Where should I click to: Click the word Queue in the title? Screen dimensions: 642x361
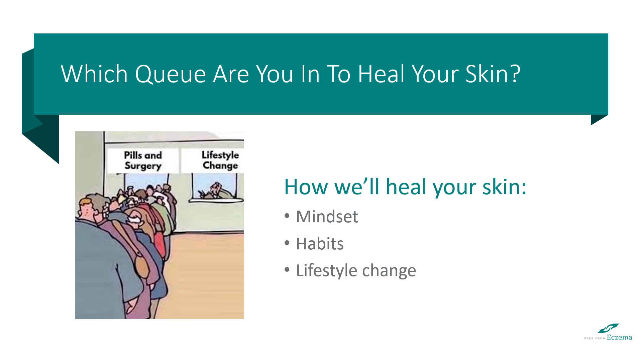pos(171,74)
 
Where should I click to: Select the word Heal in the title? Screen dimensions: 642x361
pos(382,74)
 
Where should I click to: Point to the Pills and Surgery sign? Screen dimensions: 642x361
pos(143,161)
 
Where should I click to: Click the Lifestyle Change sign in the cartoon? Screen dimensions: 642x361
pos(220,160)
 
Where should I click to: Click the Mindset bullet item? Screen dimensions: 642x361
pos(327,217)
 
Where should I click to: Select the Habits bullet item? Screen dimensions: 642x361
pos(320,244)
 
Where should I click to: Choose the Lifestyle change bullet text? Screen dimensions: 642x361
pos(356,271)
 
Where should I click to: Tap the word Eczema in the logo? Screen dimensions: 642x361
pos(620,338)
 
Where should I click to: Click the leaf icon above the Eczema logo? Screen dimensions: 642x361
pos(608,328)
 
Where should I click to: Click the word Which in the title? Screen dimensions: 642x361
pos(94,74)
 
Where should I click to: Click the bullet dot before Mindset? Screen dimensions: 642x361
pos(287,216)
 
